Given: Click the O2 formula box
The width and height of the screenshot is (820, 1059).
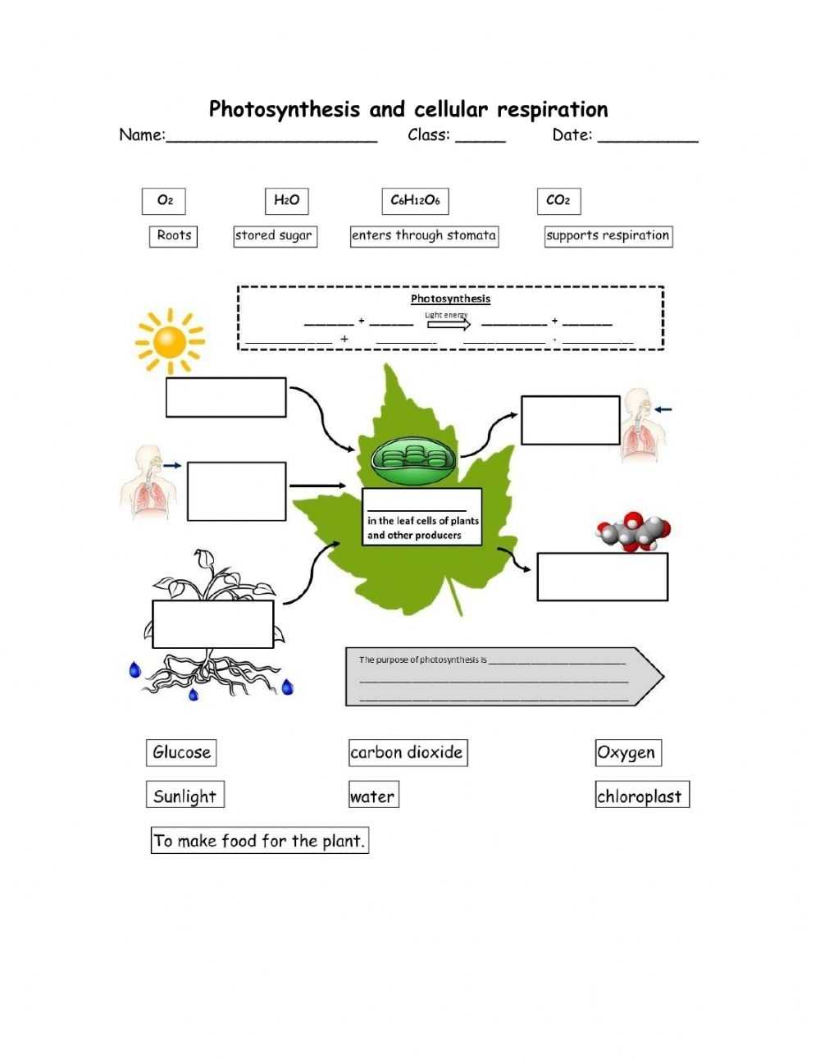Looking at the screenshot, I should pos(164,200).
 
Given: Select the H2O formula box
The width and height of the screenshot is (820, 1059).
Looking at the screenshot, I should pos(286,200).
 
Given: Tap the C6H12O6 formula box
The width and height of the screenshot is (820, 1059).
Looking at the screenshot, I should pos(415,201).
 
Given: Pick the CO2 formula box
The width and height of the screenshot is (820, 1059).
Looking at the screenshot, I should pos(558,201).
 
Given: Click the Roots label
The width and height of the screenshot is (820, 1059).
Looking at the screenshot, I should pos(174,236).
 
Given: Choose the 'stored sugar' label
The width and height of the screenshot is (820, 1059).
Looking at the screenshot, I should pos(274,236).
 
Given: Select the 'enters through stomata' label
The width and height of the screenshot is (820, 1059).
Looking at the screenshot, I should pos(424,236).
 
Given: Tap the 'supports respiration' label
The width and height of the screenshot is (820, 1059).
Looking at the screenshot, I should pos(608,236).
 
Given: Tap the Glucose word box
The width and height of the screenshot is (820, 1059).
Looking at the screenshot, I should pos(182,752).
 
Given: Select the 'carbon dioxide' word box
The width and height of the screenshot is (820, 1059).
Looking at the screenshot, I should pos(408,752).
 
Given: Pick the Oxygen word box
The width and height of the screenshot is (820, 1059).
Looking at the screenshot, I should pos(627,752).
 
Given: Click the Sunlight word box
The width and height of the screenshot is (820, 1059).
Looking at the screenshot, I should pos(185,796).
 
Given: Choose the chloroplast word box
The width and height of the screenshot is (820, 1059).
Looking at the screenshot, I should pos(641,796).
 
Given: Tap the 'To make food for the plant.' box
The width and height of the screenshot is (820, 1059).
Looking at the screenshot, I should pos(259,841).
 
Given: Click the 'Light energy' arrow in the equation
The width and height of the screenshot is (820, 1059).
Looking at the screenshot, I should pos(448,323).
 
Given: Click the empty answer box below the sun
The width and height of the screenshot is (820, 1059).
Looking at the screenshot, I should pos(226,398).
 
